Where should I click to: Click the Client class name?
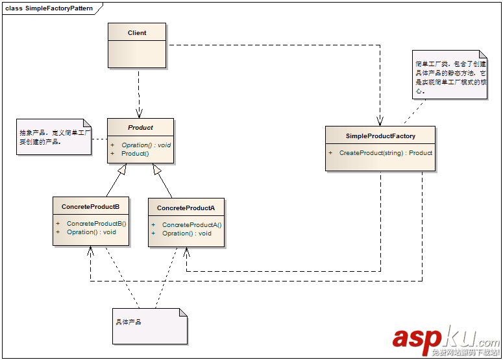(x=137, y=32)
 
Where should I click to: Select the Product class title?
(x=140, y=127)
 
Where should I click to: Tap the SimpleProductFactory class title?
(x=380, y=136)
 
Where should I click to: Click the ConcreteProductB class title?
(x=90, y=206)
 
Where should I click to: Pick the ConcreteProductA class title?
(x=186, y=208)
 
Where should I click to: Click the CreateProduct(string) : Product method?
(x=386, y=153)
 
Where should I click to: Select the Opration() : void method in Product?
(x=146, y=145)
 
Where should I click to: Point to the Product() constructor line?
(x=135, y=154)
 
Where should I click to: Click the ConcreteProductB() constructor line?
(x=96, y=223)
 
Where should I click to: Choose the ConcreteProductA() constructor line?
(x=191, y=225)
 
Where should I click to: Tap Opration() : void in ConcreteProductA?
(x=187, y=234)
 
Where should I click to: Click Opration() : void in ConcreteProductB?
(x=92, y=232)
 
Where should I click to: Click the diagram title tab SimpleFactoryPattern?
(x=50, y=8)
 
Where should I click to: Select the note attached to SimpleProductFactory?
(x=450, y=75)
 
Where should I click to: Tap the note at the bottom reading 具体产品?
(x=149, y=326)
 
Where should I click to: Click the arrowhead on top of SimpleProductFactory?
(x=380, y=121)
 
